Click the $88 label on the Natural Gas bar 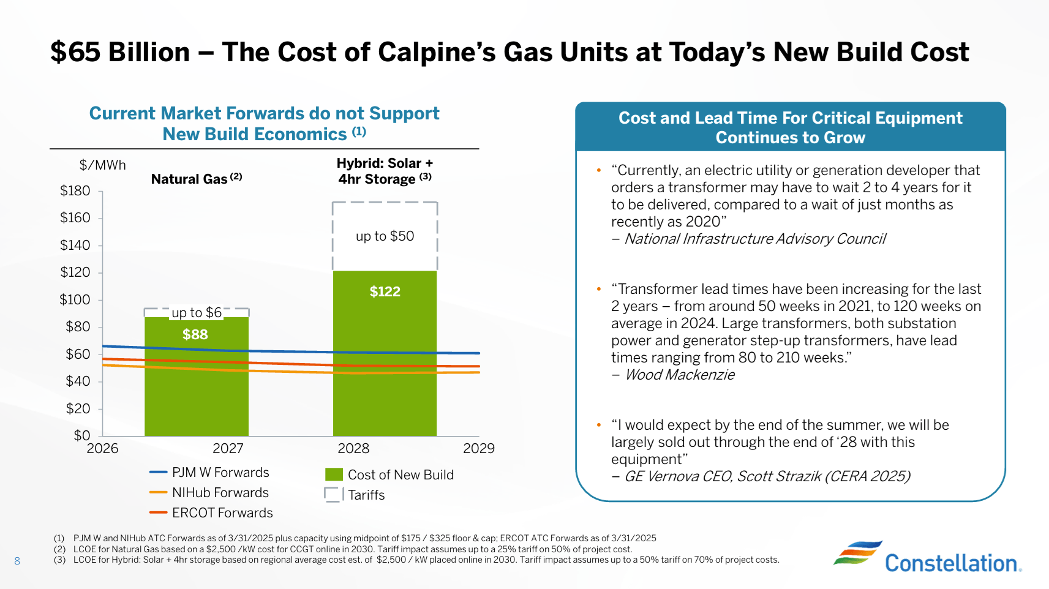195,334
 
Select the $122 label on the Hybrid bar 385,291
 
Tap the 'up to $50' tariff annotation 385,236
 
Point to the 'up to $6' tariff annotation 197,313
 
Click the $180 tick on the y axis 75,191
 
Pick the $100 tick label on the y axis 75,300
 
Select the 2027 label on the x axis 228,449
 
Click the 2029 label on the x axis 478,449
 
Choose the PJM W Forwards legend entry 210,473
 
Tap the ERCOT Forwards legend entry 212,513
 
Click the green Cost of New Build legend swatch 334,475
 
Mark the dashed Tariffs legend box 333,495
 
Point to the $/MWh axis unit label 102,165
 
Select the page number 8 17,561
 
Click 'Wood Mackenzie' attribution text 679,375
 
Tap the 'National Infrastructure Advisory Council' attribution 754,239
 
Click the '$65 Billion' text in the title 120,52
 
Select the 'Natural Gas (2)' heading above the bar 196,179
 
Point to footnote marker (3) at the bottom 59,560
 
